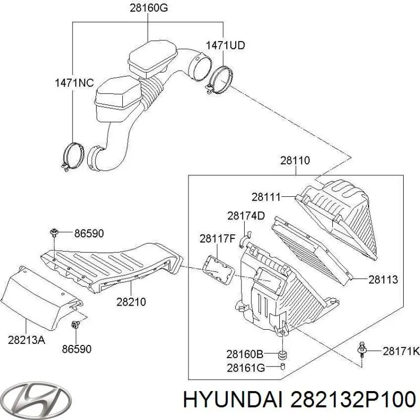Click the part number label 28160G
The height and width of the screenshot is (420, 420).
click(149, 8)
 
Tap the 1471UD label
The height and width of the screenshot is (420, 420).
click(225, 46)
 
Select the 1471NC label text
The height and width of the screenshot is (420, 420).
click(74, 83)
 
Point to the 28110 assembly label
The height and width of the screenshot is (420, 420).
click(295, 161)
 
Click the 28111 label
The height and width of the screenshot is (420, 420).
click(266, 197)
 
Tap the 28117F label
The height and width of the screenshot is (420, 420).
click(217, 239)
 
